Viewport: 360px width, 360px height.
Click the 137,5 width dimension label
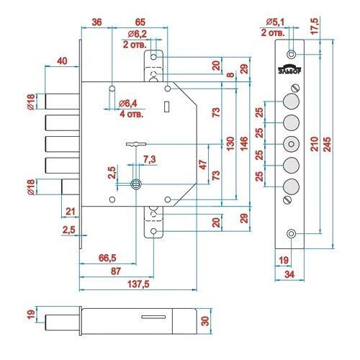coord(138,284)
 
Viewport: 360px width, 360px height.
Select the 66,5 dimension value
coord(107,258)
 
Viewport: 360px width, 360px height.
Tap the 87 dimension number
coord(115,271)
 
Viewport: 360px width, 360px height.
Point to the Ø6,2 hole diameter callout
coord(137,34)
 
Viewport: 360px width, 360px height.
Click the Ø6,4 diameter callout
coord(128,104)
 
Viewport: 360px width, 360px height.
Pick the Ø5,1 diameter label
coord(275,22)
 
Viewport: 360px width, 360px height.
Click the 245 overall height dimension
coord(328,145)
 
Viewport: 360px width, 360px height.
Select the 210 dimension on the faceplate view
coord(315,144)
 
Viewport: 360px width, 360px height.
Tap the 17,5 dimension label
coord(315,26)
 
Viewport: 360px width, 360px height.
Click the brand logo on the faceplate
coord(290,68)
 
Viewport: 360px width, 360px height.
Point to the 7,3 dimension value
coord(150,159)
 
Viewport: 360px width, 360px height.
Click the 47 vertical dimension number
coord(203,165)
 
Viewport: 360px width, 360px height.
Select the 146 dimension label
coord(244,143)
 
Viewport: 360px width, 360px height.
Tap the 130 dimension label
coord(230,143)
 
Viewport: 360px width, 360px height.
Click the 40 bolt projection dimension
coord(62,61)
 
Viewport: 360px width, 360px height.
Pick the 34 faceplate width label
coord(289,274)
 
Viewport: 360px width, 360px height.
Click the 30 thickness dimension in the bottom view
coord(204,321)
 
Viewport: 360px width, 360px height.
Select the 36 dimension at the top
coord(96,22)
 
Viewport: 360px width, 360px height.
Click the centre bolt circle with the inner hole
coord(291,144)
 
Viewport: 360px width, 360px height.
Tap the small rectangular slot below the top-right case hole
coord(166,107)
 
